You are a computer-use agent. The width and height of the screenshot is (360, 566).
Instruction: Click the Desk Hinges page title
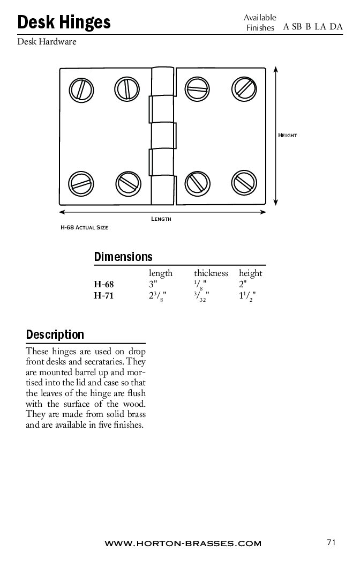coord(64,22)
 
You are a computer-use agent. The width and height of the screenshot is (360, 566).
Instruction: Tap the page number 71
coord(331,542)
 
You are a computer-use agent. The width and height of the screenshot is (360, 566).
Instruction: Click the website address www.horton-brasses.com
coord(183,543)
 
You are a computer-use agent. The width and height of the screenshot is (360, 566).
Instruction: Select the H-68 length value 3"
coord(153,285)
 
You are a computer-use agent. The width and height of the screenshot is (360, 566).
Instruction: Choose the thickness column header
coord(211,273)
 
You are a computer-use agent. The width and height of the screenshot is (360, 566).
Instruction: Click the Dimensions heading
coord(123,257)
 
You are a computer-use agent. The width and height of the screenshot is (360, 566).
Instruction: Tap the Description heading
coord(55,335)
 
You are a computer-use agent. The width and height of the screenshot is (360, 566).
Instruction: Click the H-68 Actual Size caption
coord(84,228)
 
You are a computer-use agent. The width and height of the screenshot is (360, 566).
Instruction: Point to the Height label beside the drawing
coord(287,136)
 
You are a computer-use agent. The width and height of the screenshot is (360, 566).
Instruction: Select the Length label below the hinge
coord(161,219)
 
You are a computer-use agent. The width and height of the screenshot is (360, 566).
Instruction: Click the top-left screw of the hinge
coord(81,88)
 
